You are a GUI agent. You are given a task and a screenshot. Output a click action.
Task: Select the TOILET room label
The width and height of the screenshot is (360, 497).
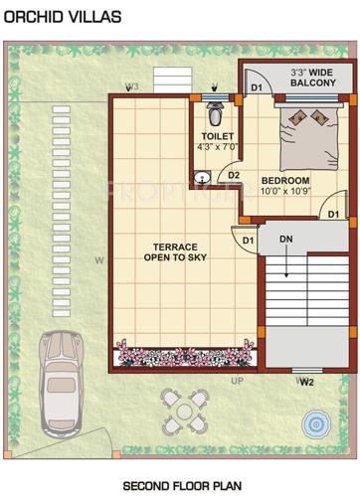(216, 134)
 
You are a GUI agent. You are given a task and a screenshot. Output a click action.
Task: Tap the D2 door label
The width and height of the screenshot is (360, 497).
(235, 176)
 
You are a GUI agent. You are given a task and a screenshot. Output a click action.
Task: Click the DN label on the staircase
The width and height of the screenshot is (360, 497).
(285, 240)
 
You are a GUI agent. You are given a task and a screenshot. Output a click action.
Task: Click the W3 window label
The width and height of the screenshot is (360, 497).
(131, 86)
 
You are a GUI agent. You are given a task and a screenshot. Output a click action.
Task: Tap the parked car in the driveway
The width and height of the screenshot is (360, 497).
(60, 379)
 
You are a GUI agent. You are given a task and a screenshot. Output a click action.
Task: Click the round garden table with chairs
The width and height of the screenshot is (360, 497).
(182, 408)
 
